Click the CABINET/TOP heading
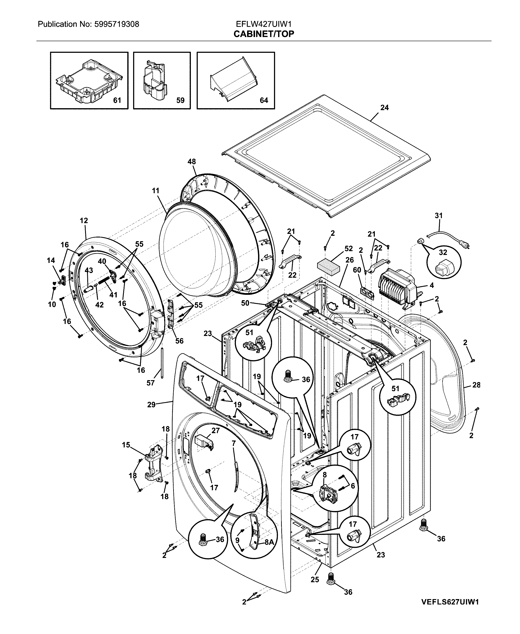click(264, 34)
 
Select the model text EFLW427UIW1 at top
click(264, 24)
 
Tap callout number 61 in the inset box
click(117, 100)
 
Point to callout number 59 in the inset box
click(180, 100)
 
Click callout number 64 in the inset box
click(264, 100)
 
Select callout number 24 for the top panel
click(385, 108)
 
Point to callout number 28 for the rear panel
click(476, 385)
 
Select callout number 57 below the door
click(151, 383)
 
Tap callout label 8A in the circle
click(269, 542)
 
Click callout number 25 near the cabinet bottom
click(315, 580)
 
